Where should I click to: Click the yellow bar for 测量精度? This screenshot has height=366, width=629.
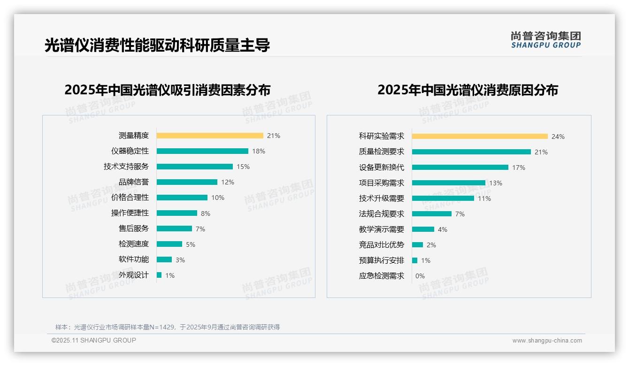(x=210, y=136)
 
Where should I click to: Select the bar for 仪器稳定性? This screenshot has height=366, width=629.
(x=202, y=151)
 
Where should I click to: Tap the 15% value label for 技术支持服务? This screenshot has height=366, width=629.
(x=243, y=167)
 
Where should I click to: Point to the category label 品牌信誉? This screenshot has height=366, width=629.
(x=134, y=182)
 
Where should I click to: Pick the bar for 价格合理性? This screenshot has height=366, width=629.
(x=182, y=198)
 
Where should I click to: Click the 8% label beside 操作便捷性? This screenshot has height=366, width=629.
(x=206, y=213)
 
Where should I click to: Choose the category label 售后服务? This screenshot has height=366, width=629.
(x=134, y=229)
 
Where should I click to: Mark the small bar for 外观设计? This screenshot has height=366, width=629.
(x=159, y=275)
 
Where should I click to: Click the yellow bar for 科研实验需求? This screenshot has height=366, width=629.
(x=480, y=137)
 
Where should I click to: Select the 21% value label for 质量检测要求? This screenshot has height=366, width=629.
(x=541, y=152)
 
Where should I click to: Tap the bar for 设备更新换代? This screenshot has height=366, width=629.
(x=460, y=168)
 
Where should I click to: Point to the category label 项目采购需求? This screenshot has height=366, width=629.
(x=382, y=183)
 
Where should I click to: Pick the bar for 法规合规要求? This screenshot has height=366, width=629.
(x=432, y=214)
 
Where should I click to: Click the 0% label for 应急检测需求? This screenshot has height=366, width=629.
(x=420, y=276)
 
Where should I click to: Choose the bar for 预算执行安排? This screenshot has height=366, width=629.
(x=415, y=260)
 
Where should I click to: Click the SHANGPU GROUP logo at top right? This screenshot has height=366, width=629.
(x=546, y=40)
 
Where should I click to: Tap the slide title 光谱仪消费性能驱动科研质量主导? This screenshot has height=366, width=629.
(x=157, y=46)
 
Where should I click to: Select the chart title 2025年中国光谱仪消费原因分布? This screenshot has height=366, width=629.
(x=468, y=90)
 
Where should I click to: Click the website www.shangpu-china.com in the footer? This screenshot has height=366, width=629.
(x=547, y=341)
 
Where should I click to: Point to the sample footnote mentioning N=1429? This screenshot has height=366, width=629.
(x=168, y=327)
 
